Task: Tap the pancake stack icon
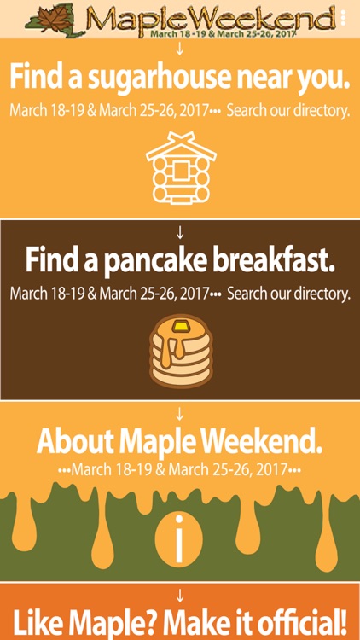click(x=180, y=352)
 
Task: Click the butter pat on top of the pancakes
click(x=180, y=326)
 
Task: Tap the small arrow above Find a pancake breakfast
click(x=180, y=232)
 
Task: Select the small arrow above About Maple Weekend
click(x=180, y=415)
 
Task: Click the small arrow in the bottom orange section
click(x=180, y=595)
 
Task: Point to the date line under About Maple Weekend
click(x=180, y=469)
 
